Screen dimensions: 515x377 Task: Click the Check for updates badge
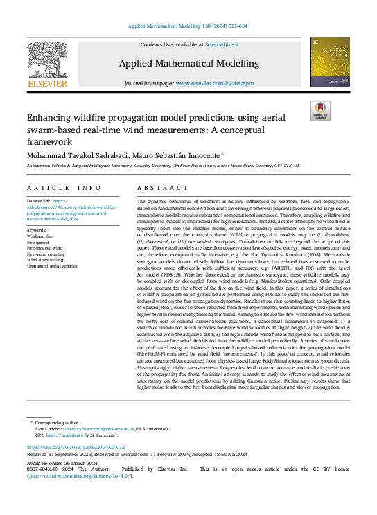point(320,112)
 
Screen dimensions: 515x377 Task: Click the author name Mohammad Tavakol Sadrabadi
point(82,155)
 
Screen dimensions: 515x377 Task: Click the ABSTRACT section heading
point(154,189)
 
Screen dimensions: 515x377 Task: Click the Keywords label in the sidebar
point(37,229)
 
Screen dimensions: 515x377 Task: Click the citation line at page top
point(188,26)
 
